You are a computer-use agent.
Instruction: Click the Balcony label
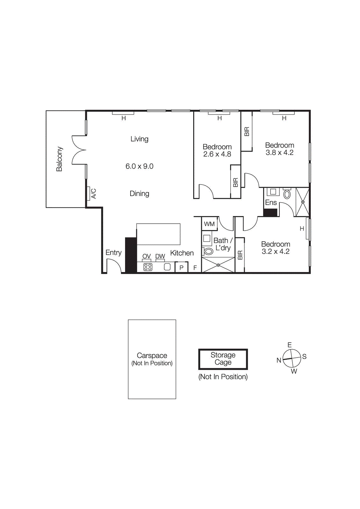(60, 159)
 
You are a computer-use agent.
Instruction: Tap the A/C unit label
(94, 193)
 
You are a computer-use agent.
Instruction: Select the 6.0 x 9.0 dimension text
(139, 166)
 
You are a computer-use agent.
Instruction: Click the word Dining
(139, 193)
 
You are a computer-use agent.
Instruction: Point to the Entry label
(113, 253)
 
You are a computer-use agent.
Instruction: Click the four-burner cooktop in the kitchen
(148, 267)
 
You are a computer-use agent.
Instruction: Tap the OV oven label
(146, 256)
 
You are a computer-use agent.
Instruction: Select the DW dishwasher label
(160, 256)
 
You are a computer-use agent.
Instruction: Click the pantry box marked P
(181, 268)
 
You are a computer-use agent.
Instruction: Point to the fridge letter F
(195, 268)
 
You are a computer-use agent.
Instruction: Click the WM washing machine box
(209, 224)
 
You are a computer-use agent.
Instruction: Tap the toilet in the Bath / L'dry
(208, 252)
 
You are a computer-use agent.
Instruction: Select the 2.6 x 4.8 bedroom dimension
(217, 154)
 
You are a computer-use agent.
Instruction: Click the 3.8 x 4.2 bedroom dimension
(279, 153)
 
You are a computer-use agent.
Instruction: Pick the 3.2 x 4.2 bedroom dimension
(276, 252)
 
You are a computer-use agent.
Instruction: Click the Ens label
(271, 203)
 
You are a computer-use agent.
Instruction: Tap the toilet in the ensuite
(287, 194)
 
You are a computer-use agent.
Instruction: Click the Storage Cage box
(223, 359)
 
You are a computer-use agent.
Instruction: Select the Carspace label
(152, 356)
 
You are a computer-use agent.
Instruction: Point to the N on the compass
(279, 360)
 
